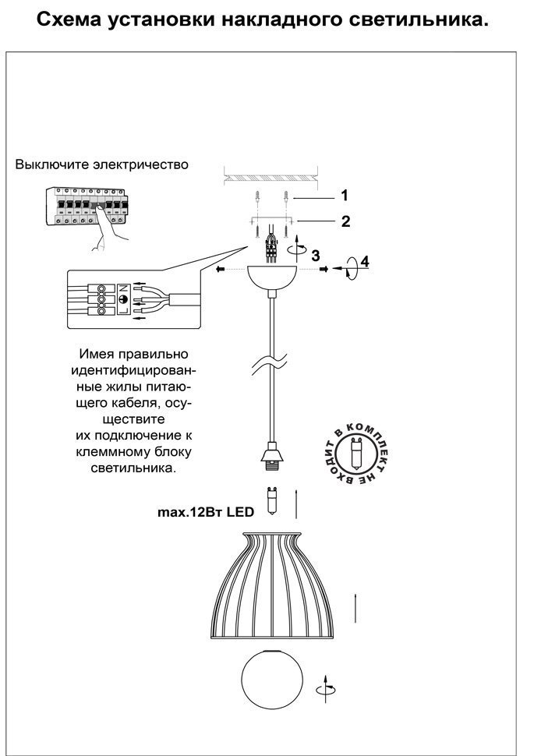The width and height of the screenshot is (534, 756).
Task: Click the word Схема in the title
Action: [x=69, y=19]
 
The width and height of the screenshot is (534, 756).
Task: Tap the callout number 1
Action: [x=345, y=196]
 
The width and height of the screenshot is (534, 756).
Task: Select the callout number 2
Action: [x=345, y=221]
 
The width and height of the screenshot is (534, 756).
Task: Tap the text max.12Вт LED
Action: [x=206, y=511]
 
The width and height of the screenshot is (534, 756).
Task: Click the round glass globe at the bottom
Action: [x=272, y=679]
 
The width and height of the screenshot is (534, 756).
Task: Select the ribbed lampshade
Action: [x=273, y=586]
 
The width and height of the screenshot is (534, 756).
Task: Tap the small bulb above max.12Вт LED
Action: [x=272, y=502]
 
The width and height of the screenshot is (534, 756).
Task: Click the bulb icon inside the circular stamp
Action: [x=356, y=454]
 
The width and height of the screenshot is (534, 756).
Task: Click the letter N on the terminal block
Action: [x=123, y=288]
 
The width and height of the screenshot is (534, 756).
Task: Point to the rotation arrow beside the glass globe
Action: [x=327, y=688]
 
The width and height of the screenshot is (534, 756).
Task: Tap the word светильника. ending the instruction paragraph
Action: [x=133, y=468]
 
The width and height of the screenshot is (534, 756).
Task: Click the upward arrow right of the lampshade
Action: [x=355, y=608]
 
